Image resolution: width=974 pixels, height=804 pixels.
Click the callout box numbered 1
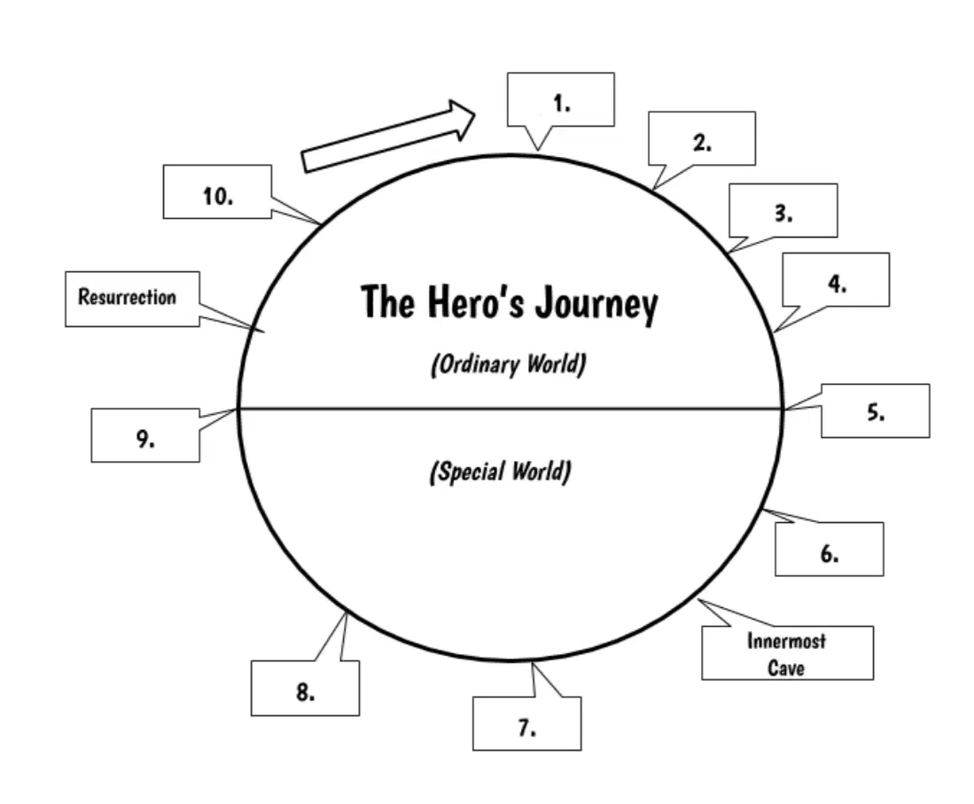point(561,100)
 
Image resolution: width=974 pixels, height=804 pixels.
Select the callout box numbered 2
point(702,139)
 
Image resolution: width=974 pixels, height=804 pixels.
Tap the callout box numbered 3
point(783,211)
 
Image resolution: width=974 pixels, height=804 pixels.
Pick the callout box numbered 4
point(836,280)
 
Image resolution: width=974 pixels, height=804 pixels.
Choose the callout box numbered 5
point(876,410)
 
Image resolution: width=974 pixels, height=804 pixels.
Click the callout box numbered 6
point(830,550)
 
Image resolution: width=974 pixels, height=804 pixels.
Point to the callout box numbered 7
point(526,723)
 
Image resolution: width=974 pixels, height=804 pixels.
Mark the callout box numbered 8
point(305,688)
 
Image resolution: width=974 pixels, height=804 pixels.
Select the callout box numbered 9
point(145,435)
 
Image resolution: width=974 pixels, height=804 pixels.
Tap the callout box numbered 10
point(217,192)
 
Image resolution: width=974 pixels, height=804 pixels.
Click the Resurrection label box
point(132,299)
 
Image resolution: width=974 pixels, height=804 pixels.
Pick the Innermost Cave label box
point(787,652)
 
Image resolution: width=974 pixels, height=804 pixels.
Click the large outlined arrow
point(389,137)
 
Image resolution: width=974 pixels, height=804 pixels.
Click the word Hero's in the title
point(476,301)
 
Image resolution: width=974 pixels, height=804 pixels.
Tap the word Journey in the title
point(596,304)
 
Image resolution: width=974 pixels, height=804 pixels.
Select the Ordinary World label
point(508,364)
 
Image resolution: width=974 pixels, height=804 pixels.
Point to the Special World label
point(500,472)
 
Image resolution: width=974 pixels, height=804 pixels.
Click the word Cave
point(786,667)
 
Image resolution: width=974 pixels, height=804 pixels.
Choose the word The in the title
point(387,301)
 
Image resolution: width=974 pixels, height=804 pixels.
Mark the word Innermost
point(786,641)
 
